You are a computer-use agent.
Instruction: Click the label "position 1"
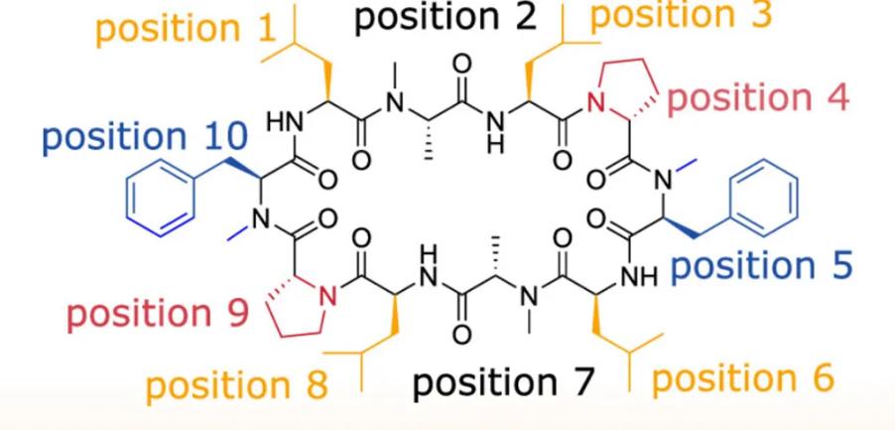click(187, 29)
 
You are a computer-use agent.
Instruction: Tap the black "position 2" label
click(447, 17)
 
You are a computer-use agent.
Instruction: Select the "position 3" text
click(681, 15)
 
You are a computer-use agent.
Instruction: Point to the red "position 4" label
click(758, 98)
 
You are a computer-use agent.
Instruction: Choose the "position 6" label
click(743, 378)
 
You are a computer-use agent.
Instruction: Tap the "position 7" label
click(503, 382)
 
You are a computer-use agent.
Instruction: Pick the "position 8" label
click(237, 385)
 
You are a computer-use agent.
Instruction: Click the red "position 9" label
click(158, 315)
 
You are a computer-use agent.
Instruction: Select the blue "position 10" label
click(145, 138)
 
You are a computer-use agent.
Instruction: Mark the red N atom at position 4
click(596, 103)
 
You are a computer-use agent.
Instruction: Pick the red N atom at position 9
click(327, 295)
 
